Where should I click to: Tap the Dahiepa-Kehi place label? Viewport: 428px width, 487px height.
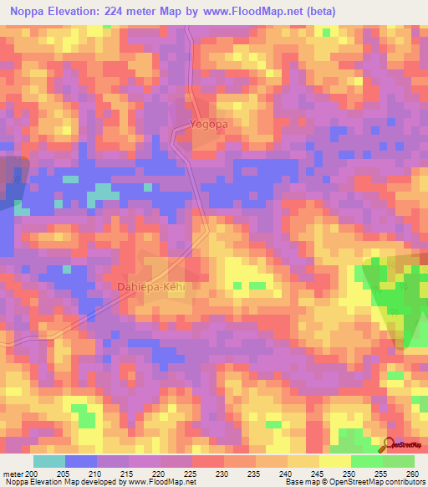154,286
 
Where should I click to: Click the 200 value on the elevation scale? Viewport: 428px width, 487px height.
32,473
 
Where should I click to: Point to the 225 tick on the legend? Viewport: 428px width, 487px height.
191,473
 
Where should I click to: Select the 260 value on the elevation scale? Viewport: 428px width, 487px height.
413,473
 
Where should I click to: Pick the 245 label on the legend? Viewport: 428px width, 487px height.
318,473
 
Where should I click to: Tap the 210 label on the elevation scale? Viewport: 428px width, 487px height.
95,473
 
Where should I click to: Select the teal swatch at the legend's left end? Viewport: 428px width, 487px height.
49,461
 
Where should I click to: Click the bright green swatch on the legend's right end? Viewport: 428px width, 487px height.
399,461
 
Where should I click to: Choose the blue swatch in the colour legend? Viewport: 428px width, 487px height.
81,461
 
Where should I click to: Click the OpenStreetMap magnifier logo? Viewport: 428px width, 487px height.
390,445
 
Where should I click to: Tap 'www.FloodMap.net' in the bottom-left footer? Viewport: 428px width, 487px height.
153,482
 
